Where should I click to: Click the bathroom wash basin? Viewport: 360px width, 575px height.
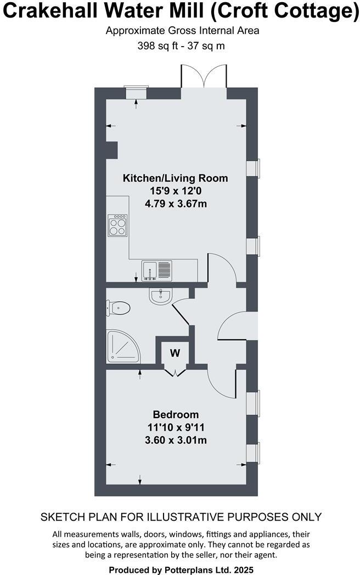click(160, 297)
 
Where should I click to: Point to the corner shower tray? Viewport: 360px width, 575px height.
click(121, 347)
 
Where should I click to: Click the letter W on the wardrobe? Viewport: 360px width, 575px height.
click(175, 353)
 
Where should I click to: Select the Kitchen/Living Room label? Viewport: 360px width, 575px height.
click(175, 178)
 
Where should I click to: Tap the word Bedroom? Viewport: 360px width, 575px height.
click(176, 414)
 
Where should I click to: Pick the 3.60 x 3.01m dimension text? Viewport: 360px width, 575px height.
click(176, 440)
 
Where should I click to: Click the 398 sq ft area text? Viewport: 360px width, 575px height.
click(158, 46)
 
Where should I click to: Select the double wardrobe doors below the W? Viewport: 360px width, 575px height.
click(175, 373)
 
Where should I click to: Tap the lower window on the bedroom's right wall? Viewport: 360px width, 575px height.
click(255, 453)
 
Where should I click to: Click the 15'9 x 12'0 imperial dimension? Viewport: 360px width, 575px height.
click(176, 191)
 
